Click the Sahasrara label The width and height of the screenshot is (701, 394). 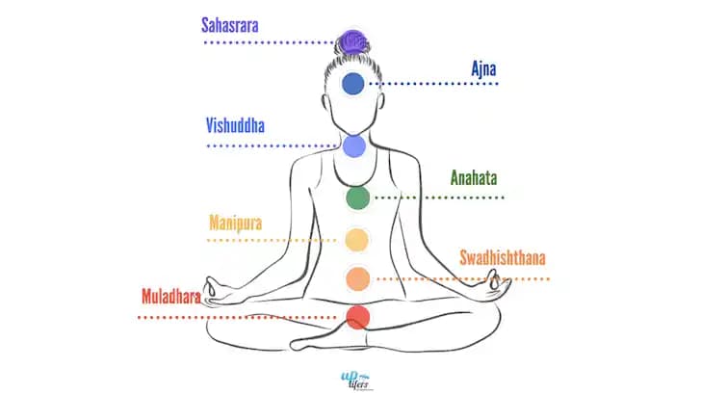[236, 24]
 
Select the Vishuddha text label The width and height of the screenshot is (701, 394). [235, 125]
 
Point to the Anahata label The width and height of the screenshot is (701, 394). [475, 178]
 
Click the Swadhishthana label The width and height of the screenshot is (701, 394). [502, 259]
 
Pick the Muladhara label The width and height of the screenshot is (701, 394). [170, 297]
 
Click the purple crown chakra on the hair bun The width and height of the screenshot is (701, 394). [352, 41]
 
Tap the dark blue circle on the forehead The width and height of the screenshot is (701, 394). [353, 84]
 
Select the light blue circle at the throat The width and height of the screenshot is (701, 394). [353, 145]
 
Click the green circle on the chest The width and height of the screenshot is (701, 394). [357, 198]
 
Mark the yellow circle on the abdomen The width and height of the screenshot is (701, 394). [357, 239]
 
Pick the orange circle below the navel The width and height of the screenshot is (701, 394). [357, 278]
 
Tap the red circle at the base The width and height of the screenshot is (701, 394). [357, 316]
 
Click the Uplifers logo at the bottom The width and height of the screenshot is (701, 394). [350, 375]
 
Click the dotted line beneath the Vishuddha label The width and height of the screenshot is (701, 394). [270, 145]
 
